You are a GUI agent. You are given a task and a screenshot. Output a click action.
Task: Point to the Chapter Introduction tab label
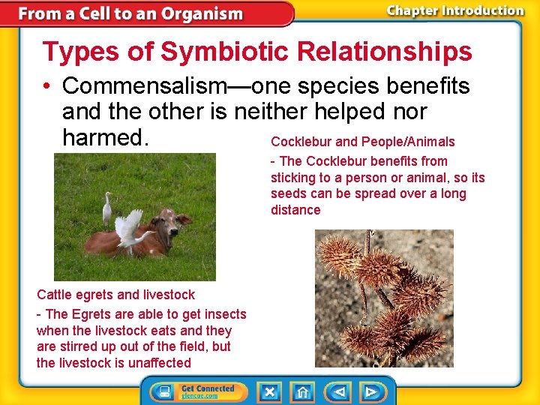tap(454, 10)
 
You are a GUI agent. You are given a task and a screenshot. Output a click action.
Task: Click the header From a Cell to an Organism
tap(130, 13)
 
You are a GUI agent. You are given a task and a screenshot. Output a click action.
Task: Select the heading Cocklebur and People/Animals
tap(362, 142)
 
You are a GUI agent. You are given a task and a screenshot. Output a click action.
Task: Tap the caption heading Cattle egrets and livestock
tap(115, 295)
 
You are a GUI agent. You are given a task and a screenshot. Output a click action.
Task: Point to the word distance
tap(295, 210)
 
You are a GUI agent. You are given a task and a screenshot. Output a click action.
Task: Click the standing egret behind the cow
tap(107, 209)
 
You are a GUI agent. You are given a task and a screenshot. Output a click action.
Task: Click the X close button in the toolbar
tap(268, 391)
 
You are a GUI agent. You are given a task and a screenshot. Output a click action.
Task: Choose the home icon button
tap(301, 391)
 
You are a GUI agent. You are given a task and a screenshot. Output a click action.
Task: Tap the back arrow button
tap(339, 391)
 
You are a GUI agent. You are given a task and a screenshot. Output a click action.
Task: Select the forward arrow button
tap(370, 391)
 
